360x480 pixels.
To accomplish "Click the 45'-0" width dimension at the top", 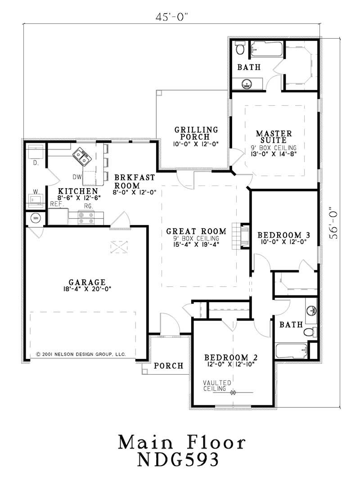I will (171, 17).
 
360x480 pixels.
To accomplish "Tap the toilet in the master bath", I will (240, 48).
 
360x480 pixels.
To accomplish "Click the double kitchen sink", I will (82, 156).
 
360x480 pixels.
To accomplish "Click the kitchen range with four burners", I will (86, 218).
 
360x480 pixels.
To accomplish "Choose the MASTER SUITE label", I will (274, 137).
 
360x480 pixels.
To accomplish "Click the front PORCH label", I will (168, 366).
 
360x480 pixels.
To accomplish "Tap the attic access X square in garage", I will (120, 246).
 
